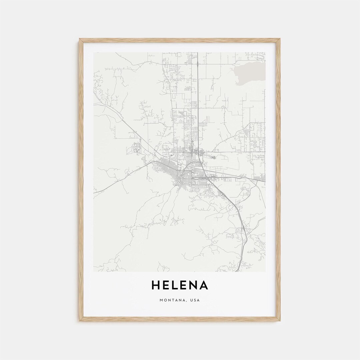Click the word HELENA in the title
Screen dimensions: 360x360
[x=180, y=285]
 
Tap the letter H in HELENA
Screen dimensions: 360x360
[x=156, y=285]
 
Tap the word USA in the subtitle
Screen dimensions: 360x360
[x=195, y=300]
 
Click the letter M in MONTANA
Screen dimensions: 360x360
[x=161, y=300]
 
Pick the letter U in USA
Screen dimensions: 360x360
[x=192, y=300]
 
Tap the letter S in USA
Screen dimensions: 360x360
[x=195, y=300]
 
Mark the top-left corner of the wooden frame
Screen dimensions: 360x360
[x=80, y=39]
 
